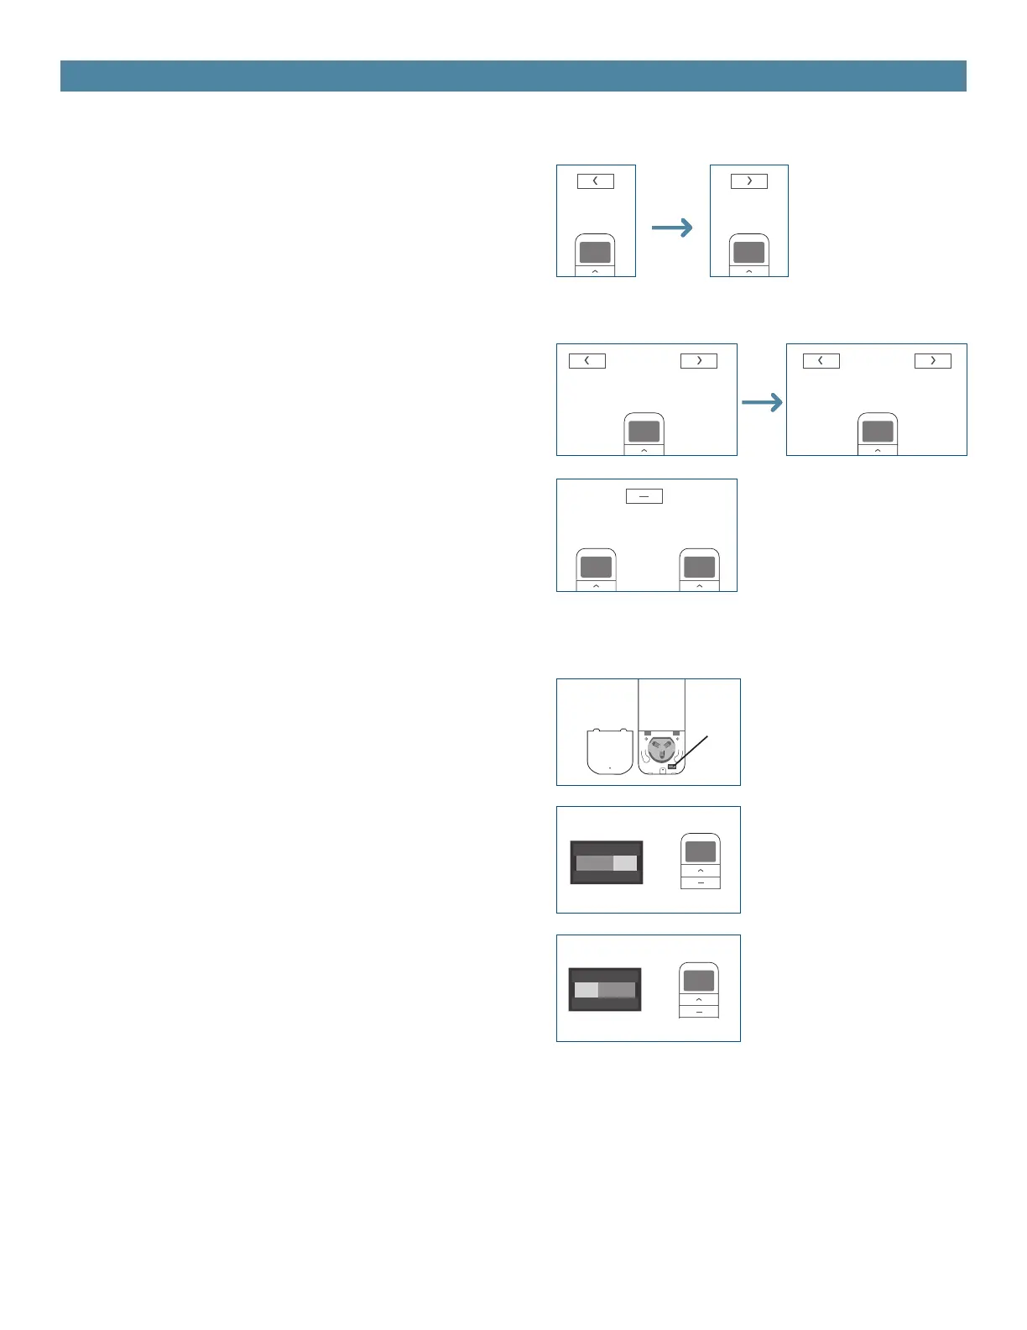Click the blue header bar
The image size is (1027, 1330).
coord(513,76)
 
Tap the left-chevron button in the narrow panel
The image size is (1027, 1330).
coord(595,181)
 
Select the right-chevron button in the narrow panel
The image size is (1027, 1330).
coord(748,181)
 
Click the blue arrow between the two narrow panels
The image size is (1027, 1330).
coord(672,227)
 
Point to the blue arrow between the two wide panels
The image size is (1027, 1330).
coord(762,404)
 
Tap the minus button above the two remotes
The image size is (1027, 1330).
coord(644,496)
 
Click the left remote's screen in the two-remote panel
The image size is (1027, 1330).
coord(596,566)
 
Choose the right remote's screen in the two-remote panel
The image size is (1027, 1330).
coord(699,566)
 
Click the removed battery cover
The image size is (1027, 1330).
coord(609,751)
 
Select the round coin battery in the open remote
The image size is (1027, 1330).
coord(661,748)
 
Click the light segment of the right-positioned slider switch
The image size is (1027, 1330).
coord(625,863)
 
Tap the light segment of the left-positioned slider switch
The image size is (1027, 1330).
coord(586,991)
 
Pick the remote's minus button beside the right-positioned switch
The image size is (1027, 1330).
coord(701,883)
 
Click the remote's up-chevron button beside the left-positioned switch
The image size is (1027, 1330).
coord(699,1000)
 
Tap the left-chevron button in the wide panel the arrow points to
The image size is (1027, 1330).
coord(821,360)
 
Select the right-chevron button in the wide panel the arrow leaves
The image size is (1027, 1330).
coord(698,360)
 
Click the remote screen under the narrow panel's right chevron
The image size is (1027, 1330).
coord(748,252)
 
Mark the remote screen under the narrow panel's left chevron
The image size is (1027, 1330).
coord(595,252)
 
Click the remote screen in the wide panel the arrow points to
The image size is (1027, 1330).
coord(878,432)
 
